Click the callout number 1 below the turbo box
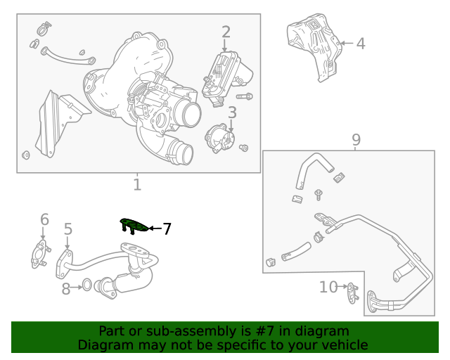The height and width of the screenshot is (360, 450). click(x=137, y=185)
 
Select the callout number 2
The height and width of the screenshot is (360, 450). click(x=226, y=32)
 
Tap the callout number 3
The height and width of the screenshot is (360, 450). click(x=231, y=112)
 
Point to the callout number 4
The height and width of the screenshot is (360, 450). click(x=360, y=44)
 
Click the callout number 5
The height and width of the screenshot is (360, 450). click(x=68, y=229)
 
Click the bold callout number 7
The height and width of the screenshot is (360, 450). click(x=167, y=229)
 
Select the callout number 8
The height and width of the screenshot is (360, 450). click(x=65, y=288)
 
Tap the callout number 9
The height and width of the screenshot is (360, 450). click(x=356, y=139)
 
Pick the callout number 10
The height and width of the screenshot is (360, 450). click(x=328, y=287)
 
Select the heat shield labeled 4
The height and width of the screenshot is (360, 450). click(x=313, y=45)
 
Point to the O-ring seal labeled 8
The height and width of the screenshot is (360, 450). click(x=86, y=285)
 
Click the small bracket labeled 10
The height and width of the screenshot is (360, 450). click(x=353, y=291)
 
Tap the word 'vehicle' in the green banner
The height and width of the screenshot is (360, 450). click(x=343, y=345)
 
